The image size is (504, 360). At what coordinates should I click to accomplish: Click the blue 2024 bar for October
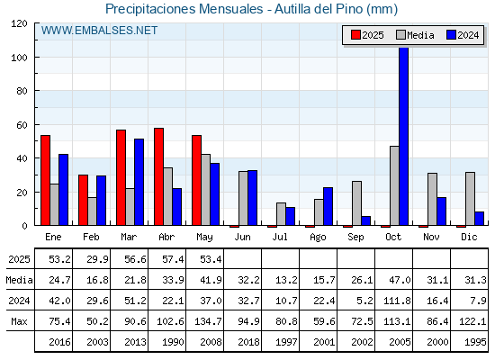(404, 136)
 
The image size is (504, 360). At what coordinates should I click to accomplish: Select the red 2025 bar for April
(158, 176)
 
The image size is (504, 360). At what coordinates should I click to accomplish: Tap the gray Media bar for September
(356, 203)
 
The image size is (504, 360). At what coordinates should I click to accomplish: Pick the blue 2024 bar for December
(479, 219)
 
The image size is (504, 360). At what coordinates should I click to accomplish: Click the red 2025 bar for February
(83, 200)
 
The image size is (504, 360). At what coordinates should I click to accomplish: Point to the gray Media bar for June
(243, 198)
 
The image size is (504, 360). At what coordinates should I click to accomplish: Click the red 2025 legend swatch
(355, 35)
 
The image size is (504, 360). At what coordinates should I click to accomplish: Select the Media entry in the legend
(415, 35)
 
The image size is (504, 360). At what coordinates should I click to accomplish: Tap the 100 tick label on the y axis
(19, 58)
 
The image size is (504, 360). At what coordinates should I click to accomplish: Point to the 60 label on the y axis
(22, 125)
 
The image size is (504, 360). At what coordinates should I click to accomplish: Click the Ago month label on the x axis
(318, 238)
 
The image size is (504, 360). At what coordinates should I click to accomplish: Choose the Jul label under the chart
(280, 237)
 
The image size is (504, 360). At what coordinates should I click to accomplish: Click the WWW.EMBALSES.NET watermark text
(99, 31)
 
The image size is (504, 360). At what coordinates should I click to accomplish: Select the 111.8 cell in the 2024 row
(397, 301)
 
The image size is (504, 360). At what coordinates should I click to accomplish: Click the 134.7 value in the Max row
(208, 321)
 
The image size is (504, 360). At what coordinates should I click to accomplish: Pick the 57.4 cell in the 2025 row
(173, 259)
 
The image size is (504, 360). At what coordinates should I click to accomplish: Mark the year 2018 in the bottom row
(248, 342)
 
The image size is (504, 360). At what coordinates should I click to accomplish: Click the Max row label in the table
(19, 321)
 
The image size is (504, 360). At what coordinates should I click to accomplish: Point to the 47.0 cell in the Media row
(400, 280)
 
